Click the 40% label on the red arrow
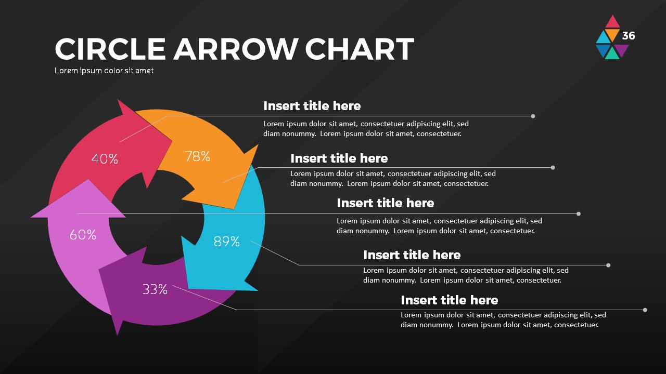click(x=105, y=159)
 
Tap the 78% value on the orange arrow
click(x=198, y=156)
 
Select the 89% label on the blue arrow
click(x=227, y=241)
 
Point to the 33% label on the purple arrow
click(x=155, y=289)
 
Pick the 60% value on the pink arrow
click(x=83, y=235)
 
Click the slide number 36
click(x=629, y=36)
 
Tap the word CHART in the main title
click(x=359, y=49)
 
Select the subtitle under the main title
click(x=104, y=71)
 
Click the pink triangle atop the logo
click(x=612, y=22)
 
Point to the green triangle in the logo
click(x=612, y=53)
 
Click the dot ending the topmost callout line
click(x=533, y=116)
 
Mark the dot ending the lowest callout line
click(x=645, y=310)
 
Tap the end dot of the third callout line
click(x=579, y=214)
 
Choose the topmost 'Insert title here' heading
click(x=312, y=106)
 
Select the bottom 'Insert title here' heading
click(x=449, y=300)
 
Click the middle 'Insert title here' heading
click(x=385, y=203)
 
